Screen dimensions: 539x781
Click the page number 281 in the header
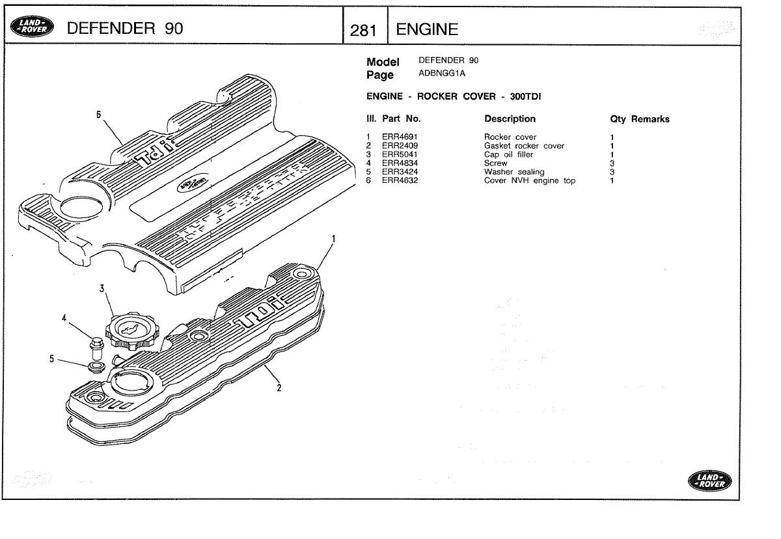coord(364,29)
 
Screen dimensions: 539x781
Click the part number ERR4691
coord(400,137)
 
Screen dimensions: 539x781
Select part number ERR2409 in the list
coord(400,146)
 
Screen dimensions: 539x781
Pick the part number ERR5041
coord(400,155)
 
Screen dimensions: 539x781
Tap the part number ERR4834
coord(400,163)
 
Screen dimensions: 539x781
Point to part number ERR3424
coord(400,172)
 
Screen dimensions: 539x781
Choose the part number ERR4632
coord(400,181)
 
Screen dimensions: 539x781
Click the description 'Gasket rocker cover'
coord(524,146)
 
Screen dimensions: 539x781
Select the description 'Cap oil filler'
coord(508,155)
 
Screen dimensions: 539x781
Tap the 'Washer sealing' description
coord(514,172)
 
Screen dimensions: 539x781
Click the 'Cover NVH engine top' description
coord(529,181)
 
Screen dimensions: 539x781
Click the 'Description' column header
coord(510,119)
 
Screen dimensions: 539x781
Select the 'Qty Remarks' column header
coord(639,120)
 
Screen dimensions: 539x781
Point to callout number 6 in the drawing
coord(99,115)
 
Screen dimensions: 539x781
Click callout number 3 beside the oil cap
coord(102,288)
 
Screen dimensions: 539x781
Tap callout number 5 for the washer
coord(51,359)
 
